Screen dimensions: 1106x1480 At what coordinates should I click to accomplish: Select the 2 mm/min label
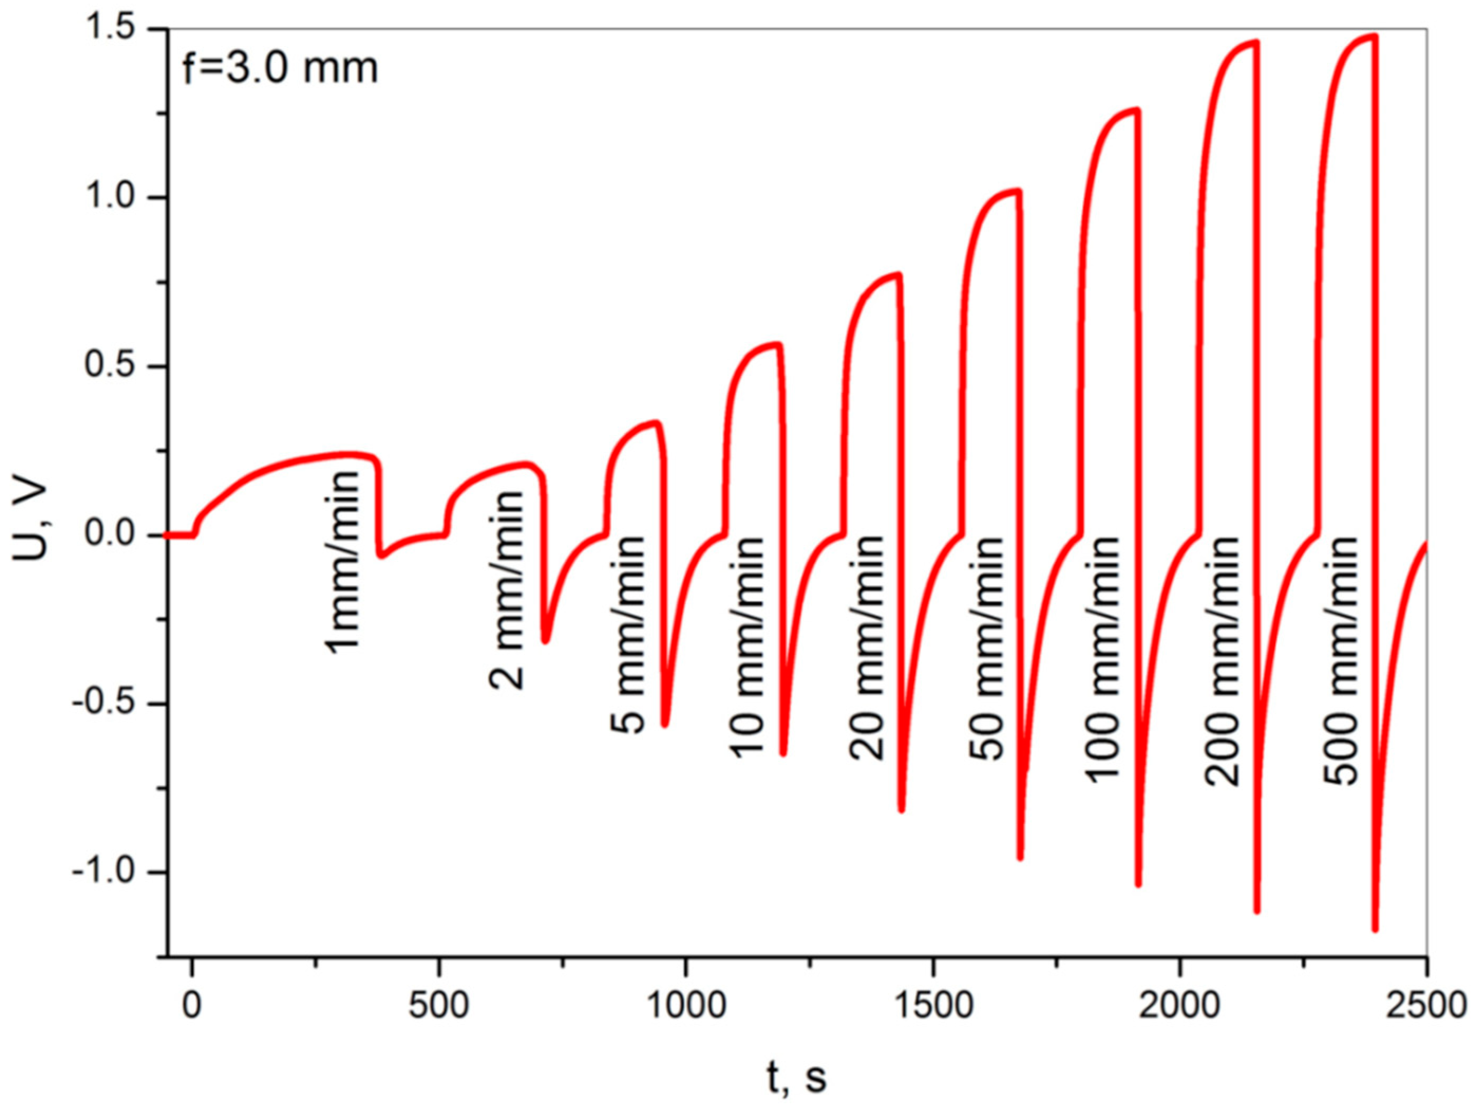point(506,590)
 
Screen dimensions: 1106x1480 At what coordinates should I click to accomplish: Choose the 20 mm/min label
point(867,648)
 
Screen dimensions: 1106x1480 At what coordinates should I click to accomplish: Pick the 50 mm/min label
point(986,648)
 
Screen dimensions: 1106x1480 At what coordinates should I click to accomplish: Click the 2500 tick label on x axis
point(1425,1006)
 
